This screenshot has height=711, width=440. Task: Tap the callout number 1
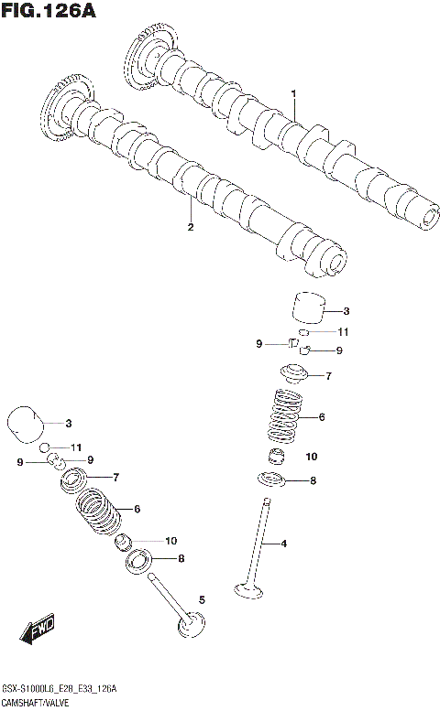[293, 93]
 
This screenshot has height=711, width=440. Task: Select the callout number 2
[190, 227]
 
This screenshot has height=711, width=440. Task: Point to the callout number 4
[284, 544]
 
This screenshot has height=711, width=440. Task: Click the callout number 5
[202, 599]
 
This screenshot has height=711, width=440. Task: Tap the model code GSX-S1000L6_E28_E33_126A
[58, 687]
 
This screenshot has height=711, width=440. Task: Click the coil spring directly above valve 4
[286, 416]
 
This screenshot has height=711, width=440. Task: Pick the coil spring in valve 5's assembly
[98, 509]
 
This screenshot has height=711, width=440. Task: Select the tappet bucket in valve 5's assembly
[27, 424]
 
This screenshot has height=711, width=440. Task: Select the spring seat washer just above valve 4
[272, 479]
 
